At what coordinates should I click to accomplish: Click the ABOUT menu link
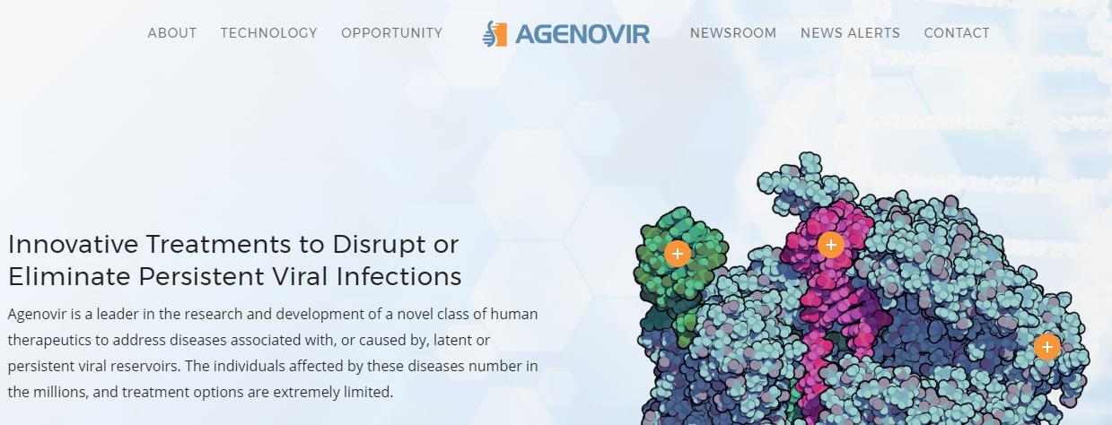(x=172, y=33)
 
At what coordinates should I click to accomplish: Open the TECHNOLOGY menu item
(x=269, y=33)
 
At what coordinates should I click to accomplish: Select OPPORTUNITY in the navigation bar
(x=391, y=33)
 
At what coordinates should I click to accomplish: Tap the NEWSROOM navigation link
(x=733, y=33)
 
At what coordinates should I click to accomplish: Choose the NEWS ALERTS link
(x=851, y=33)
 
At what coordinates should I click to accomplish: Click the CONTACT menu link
(x=957, y=33)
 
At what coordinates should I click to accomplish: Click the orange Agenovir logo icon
(x=495, y=34)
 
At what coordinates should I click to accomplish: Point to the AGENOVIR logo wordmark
(x=582, y=35)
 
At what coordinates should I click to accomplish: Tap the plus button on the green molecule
(x=677, y=254)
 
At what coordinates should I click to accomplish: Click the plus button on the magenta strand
(x=831, y=245)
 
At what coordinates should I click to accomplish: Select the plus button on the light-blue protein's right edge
(x=1047, y=347)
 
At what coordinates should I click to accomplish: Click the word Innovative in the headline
(x=73, y=244)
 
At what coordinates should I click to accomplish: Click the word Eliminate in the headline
(x=69, y=276)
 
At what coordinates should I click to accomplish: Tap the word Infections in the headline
(x=398, y=276)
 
